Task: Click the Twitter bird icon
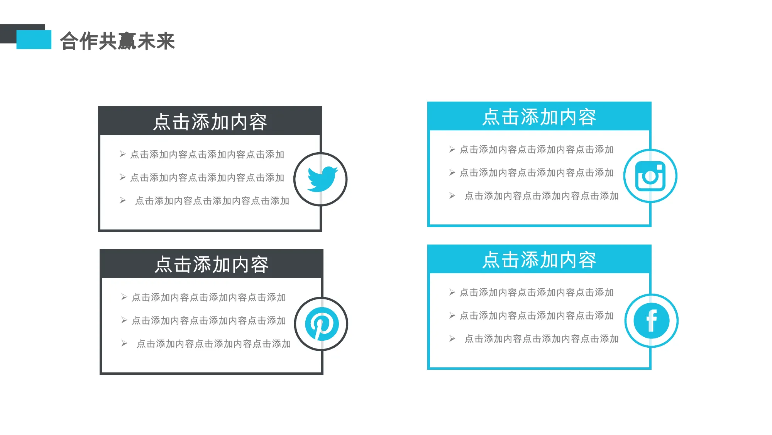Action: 322,179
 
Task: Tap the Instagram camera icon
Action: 650,176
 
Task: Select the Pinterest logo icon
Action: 322,324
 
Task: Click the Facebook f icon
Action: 652,321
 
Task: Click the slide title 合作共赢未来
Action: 117,41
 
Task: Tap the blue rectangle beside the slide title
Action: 34,39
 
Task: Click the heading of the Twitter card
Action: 210,122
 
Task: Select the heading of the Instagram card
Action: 539,117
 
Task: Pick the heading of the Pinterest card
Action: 212,265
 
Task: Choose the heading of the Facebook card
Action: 539,260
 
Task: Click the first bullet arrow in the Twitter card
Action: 123,154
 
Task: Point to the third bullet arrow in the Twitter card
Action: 123,201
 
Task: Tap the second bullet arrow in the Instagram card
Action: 452,172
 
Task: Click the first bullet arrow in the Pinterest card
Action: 124,297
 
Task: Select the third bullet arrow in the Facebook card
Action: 452,339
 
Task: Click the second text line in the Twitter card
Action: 207,178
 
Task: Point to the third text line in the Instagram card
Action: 542,196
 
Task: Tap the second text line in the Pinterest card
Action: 209,321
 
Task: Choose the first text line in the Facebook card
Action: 537,292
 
